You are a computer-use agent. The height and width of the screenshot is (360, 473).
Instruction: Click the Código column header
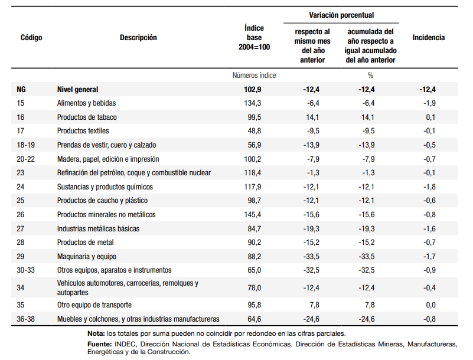[31, 38]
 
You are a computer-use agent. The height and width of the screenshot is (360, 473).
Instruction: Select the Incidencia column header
[428, 38]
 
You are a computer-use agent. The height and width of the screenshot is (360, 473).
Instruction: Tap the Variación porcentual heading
[341, 15]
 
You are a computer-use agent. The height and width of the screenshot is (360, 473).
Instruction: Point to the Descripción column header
[138, 38]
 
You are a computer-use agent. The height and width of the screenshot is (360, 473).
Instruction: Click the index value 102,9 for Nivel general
[253, 90]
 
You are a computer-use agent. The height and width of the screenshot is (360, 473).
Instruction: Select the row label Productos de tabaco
[87, 117]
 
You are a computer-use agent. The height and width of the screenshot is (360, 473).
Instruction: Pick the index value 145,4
[253, 215]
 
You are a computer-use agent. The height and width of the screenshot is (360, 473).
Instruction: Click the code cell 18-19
[25, 145]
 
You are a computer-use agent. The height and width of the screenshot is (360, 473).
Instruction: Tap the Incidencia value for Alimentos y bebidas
[429, 103]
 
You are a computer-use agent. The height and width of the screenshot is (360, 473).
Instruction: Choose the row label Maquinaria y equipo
[87, 257]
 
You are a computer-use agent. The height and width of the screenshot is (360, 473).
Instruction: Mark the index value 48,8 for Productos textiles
[255, 131]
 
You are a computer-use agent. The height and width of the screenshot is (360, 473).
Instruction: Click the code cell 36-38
[25, 319]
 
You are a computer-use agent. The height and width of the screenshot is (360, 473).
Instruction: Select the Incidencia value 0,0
[430, 305]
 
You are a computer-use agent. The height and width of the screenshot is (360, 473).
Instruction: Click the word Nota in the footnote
[96, 333]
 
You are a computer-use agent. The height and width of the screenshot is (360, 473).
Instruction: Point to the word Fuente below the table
[100, 344]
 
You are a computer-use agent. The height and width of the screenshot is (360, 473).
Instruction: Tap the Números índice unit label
[254, 76]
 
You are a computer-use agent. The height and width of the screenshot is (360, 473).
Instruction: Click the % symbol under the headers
[370, 76]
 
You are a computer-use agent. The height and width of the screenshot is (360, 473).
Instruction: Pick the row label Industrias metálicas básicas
[99, 229]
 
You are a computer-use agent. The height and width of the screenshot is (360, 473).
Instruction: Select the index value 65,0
[255, 270]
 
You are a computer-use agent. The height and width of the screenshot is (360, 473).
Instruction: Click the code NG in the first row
[21, 90]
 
